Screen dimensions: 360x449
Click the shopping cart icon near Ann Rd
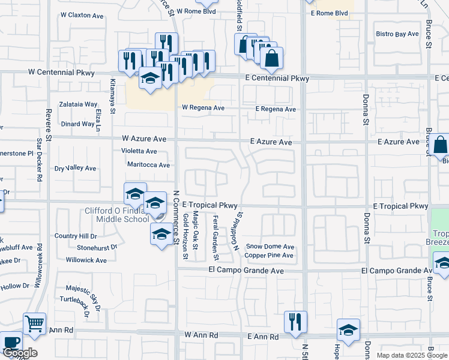tap(34, 324)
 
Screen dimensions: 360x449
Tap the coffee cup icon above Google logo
tap(11, 342)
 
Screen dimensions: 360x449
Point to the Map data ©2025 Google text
tap(411, 355)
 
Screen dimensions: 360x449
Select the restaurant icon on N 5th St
tap(295, 321)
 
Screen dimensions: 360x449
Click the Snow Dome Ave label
tap(270, 247)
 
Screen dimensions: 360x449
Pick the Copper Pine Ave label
tap(269, 256)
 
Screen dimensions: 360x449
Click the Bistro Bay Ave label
tap(397, 34)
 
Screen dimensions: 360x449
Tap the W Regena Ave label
tap(203, 109)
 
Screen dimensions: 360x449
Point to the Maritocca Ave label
tap(148, 164)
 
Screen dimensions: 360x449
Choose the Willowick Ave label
tap(86, 260)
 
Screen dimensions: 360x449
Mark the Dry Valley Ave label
tap(75, 169)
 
